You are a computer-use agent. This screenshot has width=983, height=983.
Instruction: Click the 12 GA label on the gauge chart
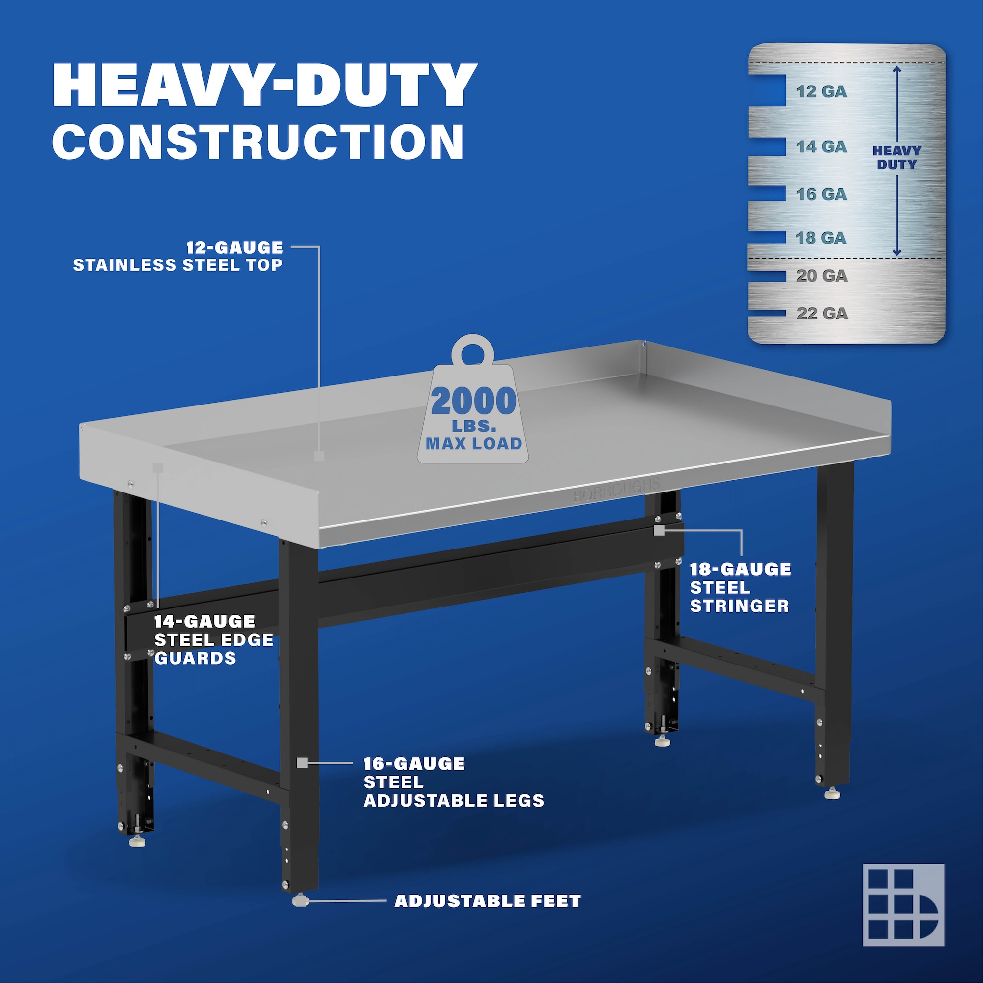[821, 91]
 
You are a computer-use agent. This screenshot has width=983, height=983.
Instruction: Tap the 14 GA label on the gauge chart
[821, 146]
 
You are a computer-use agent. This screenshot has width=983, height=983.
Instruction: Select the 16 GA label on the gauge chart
[821, 194]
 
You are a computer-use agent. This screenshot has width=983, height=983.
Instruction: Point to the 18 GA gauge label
[821, 237]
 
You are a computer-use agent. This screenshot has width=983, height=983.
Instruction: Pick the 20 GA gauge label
[822, 276]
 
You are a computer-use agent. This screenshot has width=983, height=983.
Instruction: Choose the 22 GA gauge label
[822, 314]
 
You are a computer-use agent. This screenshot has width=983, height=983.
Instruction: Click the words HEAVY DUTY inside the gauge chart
[896, 158]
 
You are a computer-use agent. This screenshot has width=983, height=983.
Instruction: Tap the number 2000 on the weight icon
[474, 401]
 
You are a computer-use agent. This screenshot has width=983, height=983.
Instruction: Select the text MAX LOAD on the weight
[474, 444]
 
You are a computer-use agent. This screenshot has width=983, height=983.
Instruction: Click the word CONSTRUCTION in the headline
[258, 141]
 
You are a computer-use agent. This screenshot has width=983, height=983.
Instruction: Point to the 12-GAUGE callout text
[234, 248]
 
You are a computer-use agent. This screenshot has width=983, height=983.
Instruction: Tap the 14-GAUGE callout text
[204, 621]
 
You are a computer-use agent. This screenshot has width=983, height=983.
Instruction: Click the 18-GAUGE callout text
[740, 569]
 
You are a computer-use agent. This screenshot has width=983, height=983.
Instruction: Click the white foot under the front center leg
[301, 900]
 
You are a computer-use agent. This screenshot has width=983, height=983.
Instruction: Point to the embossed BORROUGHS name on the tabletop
[617, 490]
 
